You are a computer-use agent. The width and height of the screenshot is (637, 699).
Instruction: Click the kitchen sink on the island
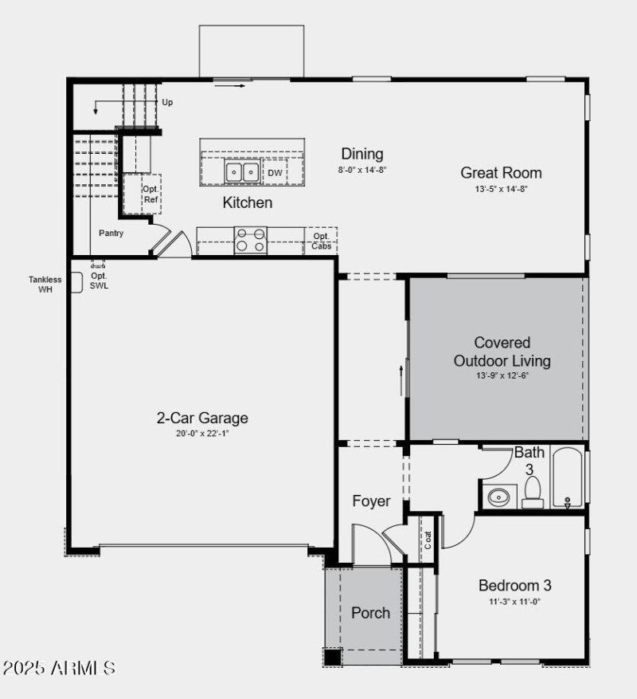click(x=242, y=171)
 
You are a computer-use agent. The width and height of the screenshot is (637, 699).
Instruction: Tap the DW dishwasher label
click(x=275, y=173)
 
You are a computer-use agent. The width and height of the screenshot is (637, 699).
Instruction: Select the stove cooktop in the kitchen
click(x=250, y=240)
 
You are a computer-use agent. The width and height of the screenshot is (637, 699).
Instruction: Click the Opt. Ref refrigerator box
click(x=150, y=194)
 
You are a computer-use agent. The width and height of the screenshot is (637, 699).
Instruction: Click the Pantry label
click(x=111, y=234)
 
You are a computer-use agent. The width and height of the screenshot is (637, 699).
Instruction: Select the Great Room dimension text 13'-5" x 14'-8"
click(x=501, y=190)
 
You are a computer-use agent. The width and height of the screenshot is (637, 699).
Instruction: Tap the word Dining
click(x=361, y=154)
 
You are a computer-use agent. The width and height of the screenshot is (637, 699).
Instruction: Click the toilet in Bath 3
click(x=533, y=493)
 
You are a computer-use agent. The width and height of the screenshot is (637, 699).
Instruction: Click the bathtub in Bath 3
click(x=567, y=479)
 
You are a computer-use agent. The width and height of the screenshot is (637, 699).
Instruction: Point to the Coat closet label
click(x=428, y=540)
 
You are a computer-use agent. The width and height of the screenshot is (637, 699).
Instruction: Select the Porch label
click(x=370, y=612)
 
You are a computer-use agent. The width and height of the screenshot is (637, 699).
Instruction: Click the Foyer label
click(x=371, y=501)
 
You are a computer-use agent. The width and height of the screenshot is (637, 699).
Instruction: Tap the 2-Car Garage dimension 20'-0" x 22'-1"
click(x=202, y=434)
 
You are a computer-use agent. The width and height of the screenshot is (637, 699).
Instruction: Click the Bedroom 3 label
click(x=514, y=585)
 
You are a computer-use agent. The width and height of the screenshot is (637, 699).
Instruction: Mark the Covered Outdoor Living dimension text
click(x=502, y=375)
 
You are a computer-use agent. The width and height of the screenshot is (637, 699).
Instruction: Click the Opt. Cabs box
click(x=321, y=241)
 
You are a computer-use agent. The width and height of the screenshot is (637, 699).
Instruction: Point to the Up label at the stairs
click(x=167, y=102)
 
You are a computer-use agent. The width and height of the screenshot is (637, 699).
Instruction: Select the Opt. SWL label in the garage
click(x=99, y=280)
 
